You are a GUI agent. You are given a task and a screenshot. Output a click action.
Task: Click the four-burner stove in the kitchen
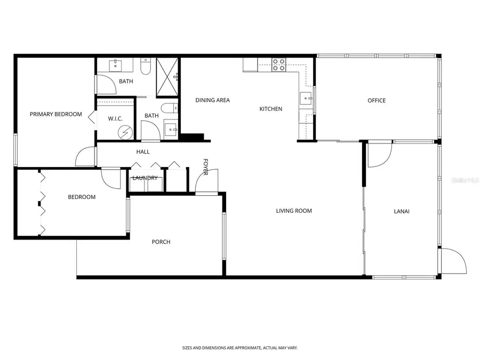point(278,65)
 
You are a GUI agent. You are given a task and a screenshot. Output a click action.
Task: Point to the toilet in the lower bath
point(167,108)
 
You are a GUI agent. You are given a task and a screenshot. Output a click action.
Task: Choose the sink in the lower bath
point(171,129)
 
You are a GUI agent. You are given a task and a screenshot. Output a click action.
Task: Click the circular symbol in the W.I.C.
point(126,132)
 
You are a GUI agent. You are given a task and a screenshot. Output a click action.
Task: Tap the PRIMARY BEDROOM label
point(56,114)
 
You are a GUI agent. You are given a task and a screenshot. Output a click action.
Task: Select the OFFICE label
point(377,101)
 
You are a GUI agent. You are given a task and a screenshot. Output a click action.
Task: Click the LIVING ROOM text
point(294,211)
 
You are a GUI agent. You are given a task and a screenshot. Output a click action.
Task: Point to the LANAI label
point(402,211)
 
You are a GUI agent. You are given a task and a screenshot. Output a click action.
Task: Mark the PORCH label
point(161,242)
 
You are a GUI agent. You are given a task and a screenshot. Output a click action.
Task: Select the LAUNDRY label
point(145,178)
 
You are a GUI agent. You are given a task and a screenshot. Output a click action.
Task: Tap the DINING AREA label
point(212,100)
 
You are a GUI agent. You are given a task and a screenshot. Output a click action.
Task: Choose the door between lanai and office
point(379,154)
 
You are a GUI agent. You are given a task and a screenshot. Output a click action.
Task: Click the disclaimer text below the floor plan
point(240,348)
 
